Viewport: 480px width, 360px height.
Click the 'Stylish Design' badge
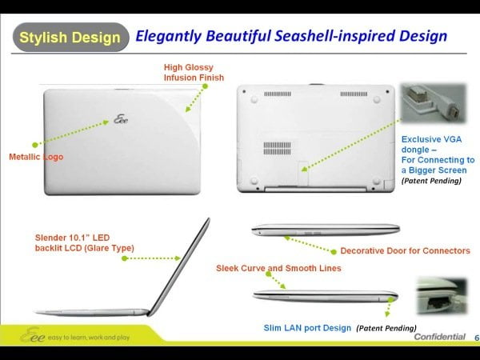coord(70,37)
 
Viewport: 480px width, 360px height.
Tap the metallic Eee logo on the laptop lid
coord(121,118)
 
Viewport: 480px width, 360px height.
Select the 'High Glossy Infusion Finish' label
coord(194,73)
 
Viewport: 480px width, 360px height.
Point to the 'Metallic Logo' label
coord(36,157)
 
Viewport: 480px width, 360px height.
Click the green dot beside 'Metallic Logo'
coord(35,145)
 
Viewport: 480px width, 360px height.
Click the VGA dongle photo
coord(434,103)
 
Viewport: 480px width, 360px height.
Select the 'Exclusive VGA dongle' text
coord(431,145)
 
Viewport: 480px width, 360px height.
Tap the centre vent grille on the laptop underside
coord(277,148)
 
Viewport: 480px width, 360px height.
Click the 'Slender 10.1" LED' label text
coord(72,238)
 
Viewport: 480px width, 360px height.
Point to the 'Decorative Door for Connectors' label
coord(405,250)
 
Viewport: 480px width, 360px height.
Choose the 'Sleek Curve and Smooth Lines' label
coord(278,268)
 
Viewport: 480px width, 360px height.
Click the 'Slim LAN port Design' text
coord(307,328)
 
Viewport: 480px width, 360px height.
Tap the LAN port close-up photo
coord(442,296)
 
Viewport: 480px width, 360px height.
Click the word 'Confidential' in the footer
coord(439,337)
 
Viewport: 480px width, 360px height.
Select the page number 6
coord(477,338)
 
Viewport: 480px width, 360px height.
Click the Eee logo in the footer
coord(32,335)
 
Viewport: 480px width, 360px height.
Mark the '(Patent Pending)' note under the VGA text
coord(431,181)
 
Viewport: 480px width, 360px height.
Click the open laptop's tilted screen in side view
coord(178,266)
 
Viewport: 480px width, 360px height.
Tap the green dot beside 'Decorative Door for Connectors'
coord(334,252)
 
